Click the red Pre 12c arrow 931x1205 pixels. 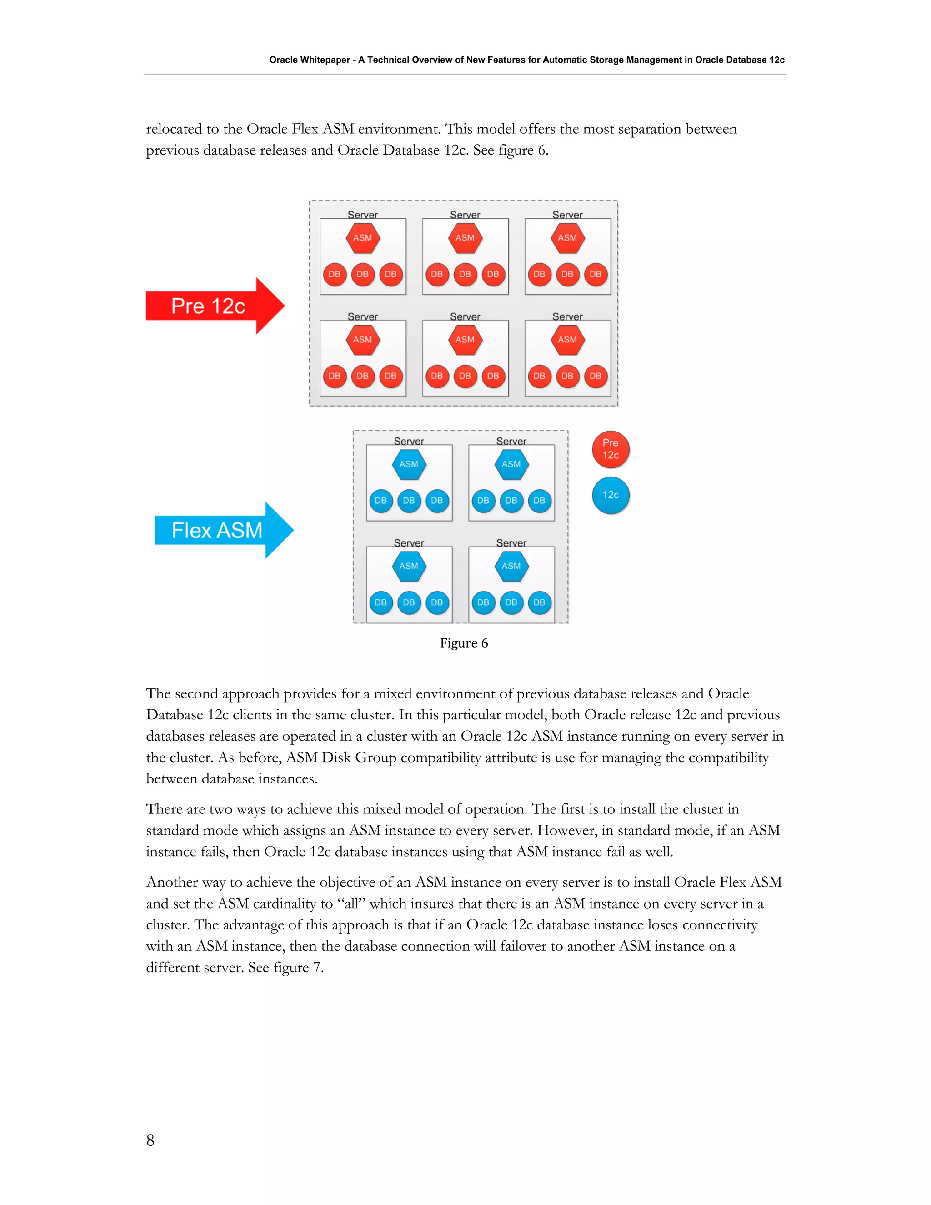(x=210, y=306)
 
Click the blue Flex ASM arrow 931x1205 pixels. (x=218, y=530)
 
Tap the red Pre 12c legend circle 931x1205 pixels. (x=611, y=449)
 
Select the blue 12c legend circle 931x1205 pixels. (x=611, y=495)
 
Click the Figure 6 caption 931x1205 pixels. (x=464, y=643)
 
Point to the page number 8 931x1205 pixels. (x=150, y=1140)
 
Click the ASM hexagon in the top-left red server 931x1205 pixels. (x=362, y=238)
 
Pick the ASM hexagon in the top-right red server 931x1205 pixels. (x=567, y=238)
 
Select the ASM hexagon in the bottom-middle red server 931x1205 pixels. (x=465, y=340)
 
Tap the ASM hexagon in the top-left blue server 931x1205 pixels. (x=409, y=464)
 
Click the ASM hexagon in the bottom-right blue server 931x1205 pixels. (x=511, y=566)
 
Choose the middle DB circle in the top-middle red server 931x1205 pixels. (x=465, y=274)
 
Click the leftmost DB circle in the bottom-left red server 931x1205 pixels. (x=335, y=377)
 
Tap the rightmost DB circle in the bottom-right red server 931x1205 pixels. (x=595, y=377)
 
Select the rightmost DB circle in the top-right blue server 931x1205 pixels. (x=540, y=501)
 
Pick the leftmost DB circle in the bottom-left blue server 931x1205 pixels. (x=380, y=602)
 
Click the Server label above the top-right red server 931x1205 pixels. (x=567, y=215)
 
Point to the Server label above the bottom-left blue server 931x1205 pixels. (x=409, y=543)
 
